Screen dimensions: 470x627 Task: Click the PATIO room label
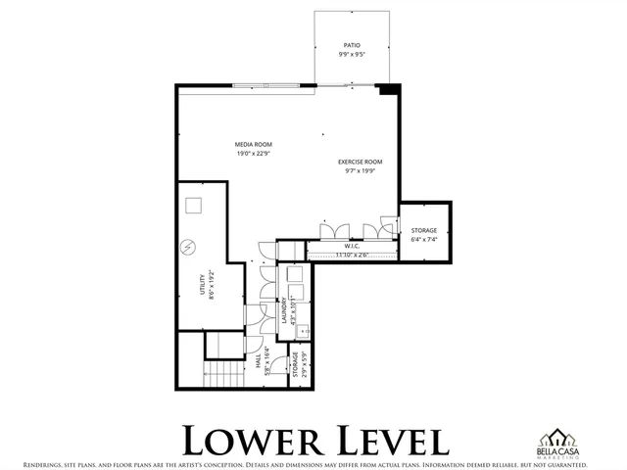351,45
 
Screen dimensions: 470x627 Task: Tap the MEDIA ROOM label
252,144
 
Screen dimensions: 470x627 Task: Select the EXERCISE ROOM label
360,162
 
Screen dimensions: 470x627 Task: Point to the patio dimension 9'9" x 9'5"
351,55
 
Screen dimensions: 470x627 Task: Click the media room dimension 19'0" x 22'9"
252,154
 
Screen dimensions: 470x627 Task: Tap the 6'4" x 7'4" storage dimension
423,238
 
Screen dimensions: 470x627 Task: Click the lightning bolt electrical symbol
188,248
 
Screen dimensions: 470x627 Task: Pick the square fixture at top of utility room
193,206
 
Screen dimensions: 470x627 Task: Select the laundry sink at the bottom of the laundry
301,331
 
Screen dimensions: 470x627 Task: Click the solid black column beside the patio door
389,90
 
